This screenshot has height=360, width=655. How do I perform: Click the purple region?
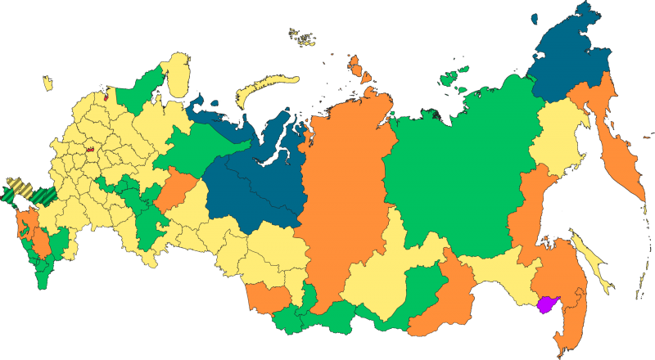(544, 305)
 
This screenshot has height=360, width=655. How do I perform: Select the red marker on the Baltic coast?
(104, 91)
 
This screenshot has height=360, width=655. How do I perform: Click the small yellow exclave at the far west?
(47, 83)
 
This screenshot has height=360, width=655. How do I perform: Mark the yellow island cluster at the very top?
(304, 37)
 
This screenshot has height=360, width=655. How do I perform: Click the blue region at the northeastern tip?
(573, 57)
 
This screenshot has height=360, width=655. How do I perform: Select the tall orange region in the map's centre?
(344, 188)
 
